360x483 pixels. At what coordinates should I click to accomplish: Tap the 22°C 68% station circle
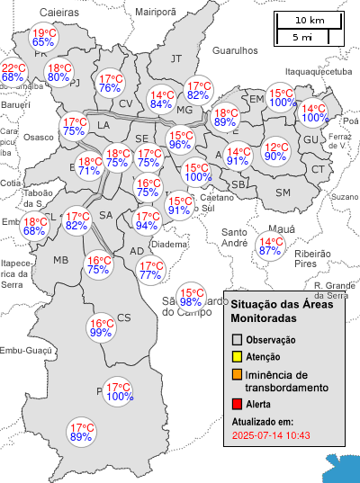click(x=13, y=73)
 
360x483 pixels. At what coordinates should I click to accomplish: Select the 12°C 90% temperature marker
click(x=276, y=151)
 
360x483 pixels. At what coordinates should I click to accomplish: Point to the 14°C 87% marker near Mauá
click(x=270, y=246)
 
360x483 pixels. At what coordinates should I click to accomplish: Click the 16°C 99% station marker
click(x=101, y=327)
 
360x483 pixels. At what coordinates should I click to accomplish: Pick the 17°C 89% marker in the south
click(x=82, y=432)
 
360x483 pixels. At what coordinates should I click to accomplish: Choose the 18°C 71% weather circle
click(x=89, y=165)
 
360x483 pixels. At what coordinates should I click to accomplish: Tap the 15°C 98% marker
click(x=191, y=297)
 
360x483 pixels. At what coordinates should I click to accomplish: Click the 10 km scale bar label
click(x=310, y=20)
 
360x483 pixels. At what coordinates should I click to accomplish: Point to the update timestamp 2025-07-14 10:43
click(x=271, y=435)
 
